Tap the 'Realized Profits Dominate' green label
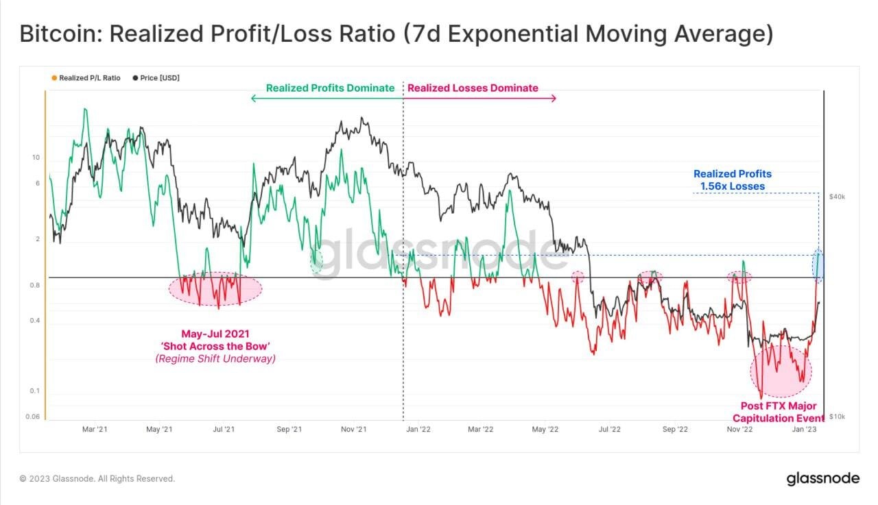[x=330, y=88]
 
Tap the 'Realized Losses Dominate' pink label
[x=473, y=88]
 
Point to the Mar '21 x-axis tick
[x=94, y=430]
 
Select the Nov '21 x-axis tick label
[x=353, y=430]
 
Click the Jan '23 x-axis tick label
[x=804, y=430]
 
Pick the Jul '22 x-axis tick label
[x=609, y=430]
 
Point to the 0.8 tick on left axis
[x=36, y=286]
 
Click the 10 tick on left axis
[x=36, y=158]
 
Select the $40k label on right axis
[x=838, y=197]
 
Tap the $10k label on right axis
[x=838, y=417]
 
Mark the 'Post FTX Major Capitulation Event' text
[x=778, y=412]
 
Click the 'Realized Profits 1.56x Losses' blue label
[x=732, y=180]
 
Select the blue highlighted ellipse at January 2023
[x=818, y=266]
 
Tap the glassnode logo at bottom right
[x=822, y=478]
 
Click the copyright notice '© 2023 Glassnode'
[x=97, y=479]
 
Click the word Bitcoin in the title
[x=60, y=34]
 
